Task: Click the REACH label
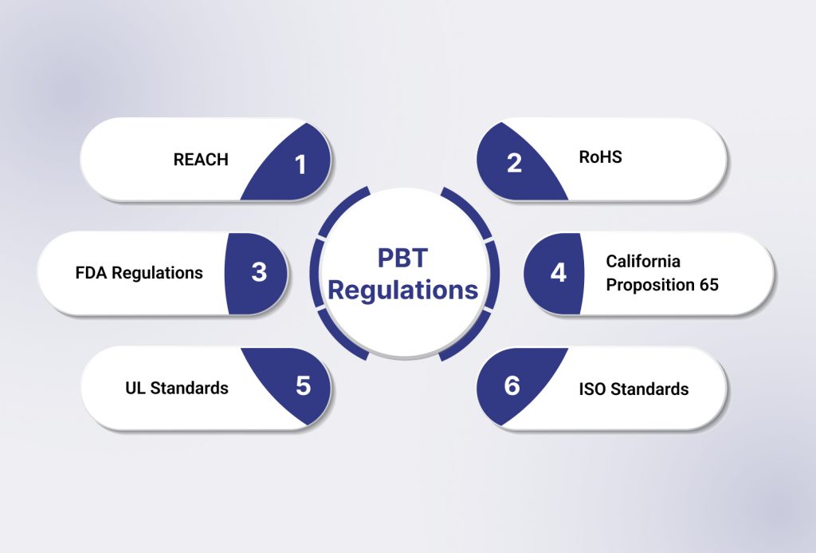point(201,160)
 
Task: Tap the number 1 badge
point(300,164)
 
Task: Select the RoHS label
point(600,157)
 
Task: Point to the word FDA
point(91,273)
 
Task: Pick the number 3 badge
point(259,272)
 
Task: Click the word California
point(643,261)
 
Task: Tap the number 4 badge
point(558,273)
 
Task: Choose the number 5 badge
point(303,386)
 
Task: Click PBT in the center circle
point(403,258)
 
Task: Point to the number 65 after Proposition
point(708,284)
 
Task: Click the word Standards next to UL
point(190,388)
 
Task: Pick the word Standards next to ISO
point(649,389)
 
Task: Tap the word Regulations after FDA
point(157,273)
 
